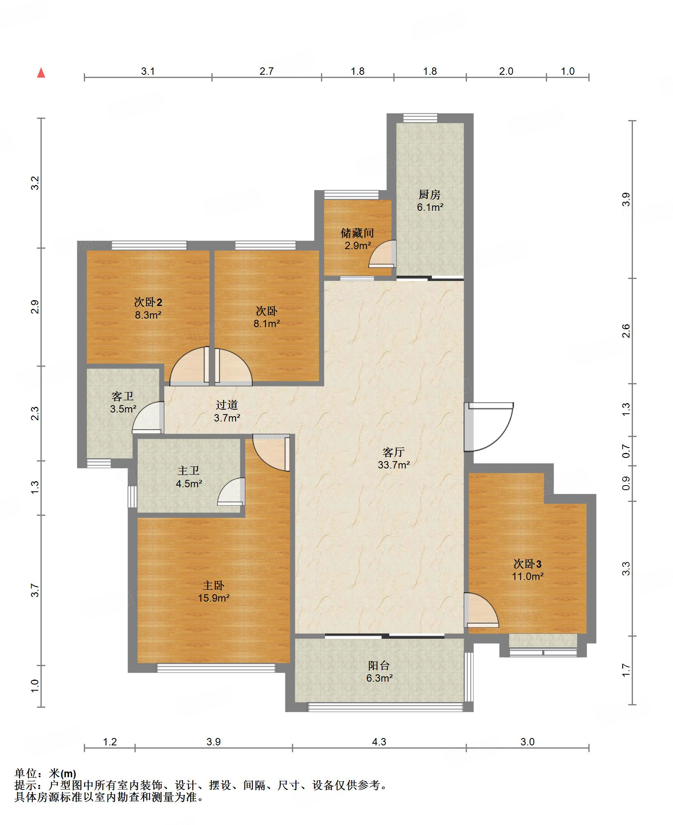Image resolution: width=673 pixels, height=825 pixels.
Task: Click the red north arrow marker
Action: (x=41, y=73)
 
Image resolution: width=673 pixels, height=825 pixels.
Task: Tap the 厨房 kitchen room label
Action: (x=429, y=194)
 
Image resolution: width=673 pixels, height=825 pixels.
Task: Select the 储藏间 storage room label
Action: (x=357, y=233)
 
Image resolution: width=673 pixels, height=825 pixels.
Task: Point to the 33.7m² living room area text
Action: (x=394, y=464)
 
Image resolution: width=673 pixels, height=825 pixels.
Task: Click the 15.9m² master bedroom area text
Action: (x=213, y=598)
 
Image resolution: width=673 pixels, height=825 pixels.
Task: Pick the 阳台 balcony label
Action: (x=379, y=665)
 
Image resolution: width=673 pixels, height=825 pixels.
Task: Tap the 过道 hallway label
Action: (x=227, y=405)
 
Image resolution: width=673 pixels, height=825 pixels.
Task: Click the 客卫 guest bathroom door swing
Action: (x=148, y=417)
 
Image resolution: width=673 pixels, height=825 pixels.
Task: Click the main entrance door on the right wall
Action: (x=489, y=427)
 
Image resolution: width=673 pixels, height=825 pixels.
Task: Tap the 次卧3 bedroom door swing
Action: (x=481, y=610)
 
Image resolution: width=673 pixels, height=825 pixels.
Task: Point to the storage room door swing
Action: (x=383, y=254)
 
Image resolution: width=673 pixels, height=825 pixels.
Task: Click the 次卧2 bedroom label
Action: (x=148, y=302)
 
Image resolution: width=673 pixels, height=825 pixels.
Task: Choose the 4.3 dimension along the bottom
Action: (x=379, y=742)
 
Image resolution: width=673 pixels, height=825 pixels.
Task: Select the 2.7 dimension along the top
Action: (x=266, y=71)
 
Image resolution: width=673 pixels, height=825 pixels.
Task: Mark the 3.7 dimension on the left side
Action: (x=35, y=591)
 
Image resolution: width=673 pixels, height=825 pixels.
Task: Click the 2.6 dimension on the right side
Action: (x=626, y=330)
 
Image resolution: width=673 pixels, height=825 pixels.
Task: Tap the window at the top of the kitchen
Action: (x=420, y=118)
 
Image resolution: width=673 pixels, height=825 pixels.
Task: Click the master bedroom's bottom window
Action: (x=216, y=668)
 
